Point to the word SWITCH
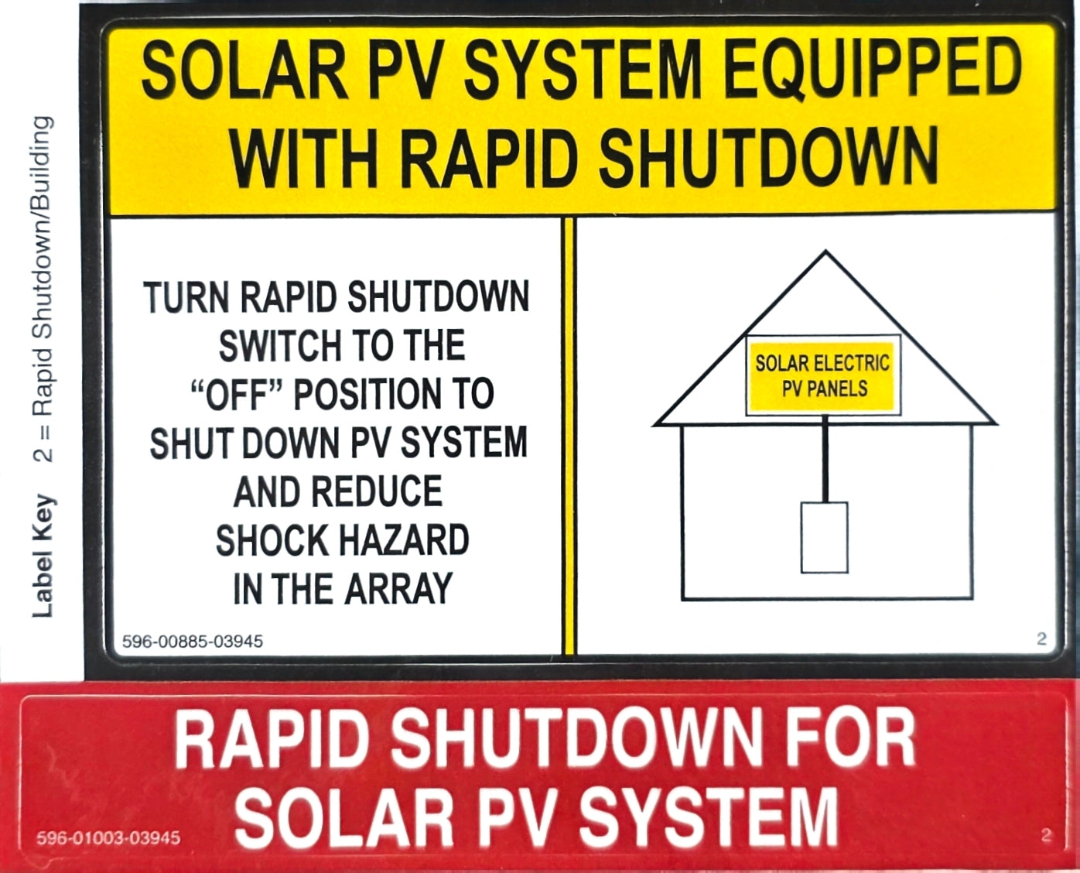coord(280,345)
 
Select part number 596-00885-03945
coord(193,642)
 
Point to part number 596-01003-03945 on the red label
coord(108,837)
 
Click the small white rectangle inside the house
coord(825,538)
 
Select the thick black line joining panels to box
coord(825,459)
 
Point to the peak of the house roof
coord(825,250)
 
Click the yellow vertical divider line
coord(569,436)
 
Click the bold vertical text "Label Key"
coord(43,556)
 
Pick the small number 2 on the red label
coord(1045,835)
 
